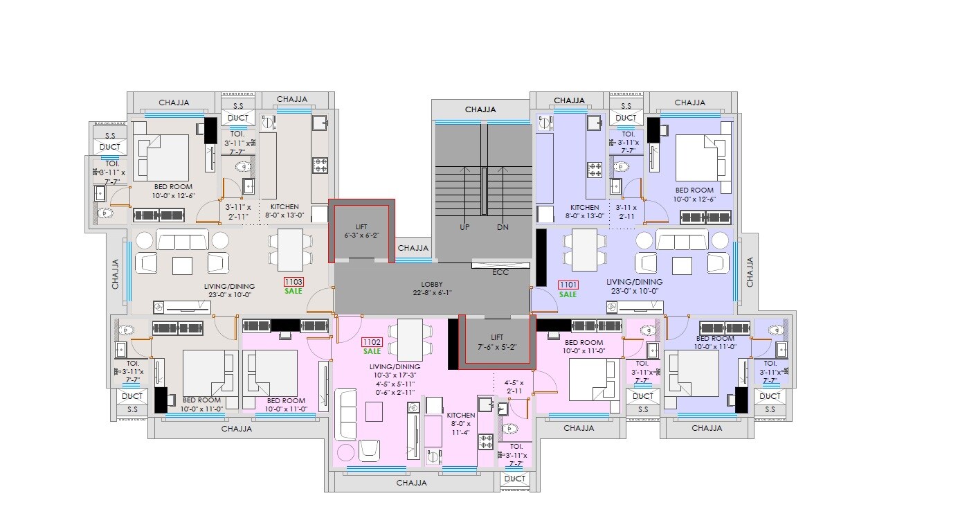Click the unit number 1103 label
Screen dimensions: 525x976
point(293,283)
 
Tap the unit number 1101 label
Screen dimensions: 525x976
point(568,285)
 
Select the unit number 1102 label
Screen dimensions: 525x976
point(372,342)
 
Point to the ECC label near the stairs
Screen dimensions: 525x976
point(500,272)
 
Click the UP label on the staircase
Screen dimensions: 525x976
point(465,227)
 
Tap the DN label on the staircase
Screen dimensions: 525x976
point(502,227)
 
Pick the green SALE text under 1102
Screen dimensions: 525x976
point(372,351)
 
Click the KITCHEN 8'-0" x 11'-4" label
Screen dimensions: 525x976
point(461,424)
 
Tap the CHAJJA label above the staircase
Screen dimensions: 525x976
point(480,109)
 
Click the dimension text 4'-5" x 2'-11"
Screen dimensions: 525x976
point(514,386)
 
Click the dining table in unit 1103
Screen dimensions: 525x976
point(291,250)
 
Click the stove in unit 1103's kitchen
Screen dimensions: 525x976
point(320,165)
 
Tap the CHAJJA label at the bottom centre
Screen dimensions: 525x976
point(411,483)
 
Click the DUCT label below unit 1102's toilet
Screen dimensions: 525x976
point(514,479)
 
